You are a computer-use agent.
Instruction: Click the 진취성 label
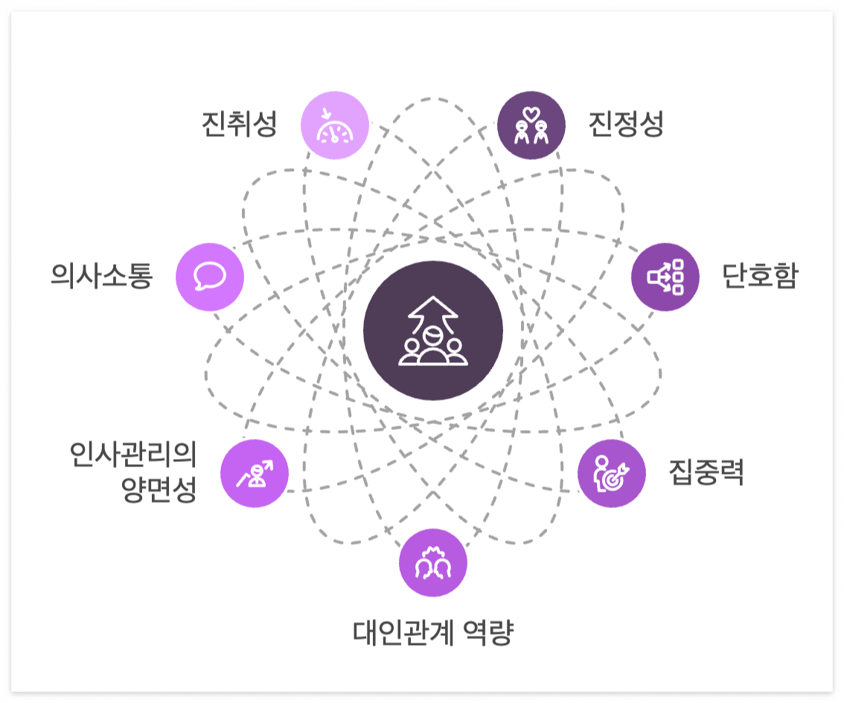[240, 124]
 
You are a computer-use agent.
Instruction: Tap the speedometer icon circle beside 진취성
[335, 126]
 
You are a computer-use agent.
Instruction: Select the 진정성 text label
[625, 124]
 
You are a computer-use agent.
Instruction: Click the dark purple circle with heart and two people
[531, 126]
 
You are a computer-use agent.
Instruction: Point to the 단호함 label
[759, 276]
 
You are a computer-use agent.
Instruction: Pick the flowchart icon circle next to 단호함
[665, 277]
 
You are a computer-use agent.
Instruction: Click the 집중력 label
[706, 472]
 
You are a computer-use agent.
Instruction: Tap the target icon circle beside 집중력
[612, 474]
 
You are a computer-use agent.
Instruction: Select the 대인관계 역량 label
[433, 633]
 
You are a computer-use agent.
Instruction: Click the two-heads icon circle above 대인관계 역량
[433, 563]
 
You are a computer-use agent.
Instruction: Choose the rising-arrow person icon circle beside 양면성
[255, 474]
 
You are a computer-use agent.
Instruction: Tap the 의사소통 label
[102, 276]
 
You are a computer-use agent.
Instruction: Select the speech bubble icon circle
[210, 277]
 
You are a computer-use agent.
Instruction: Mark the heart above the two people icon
[531, 114]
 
